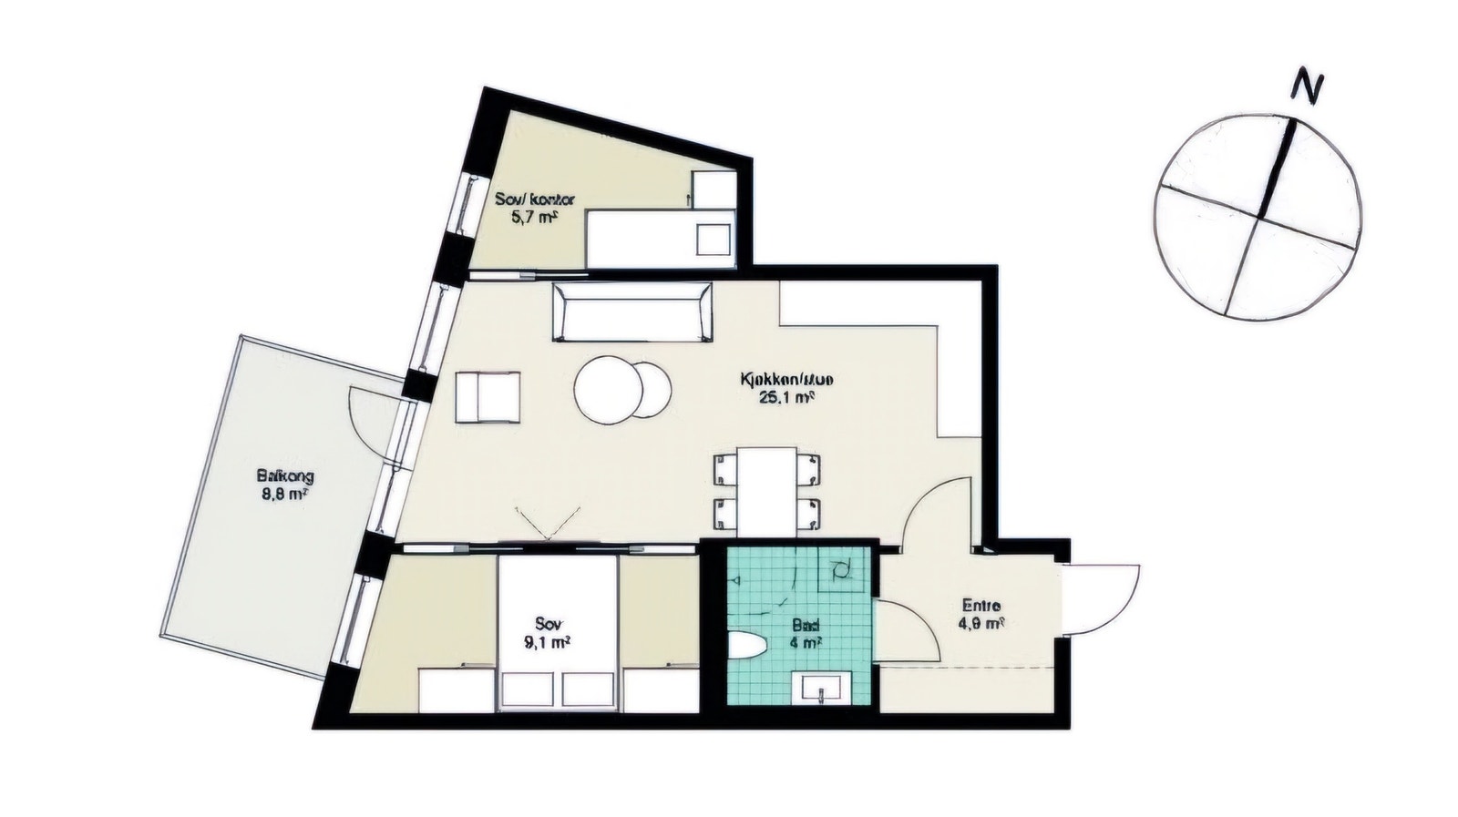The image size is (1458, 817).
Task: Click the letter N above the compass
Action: [x=1309, y=87]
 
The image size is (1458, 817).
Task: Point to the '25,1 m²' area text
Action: [x=786, y=397]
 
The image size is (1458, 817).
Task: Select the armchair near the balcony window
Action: [x=488, y=397]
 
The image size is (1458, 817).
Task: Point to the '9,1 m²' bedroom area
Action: [x=549, y=642]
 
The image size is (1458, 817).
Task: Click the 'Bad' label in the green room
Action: [x=806, y=627]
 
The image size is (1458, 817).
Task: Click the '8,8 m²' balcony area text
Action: [x=282, y=495]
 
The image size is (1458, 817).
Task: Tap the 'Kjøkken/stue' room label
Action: [x=787, y=379]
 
